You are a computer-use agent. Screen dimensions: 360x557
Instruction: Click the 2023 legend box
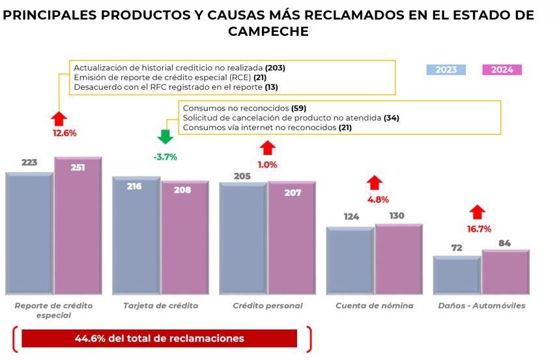coord(446,70)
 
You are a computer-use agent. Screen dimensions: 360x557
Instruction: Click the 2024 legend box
coord(502,70)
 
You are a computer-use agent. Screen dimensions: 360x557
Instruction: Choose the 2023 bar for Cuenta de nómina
coord(350,260)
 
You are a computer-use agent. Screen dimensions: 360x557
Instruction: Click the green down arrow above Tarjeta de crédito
coord(165,136)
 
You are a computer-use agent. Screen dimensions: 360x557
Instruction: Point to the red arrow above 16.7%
coord(478,212)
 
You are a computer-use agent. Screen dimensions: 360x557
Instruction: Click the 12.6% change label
coord(64,133)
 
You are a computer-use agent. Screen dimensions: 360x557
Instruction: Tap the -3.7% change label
coord(165,157)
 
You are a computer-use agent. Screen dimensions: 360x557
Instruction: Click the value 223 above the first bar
coord(29,162)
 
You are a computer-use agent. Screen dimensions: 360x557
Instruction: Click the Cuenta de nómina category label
coord(374,305)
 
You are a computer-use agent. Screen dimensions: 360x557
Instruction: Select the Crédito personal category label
coord(267,305)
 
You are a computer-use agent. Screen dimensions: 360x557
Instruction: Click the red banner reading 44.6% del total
coord(159,339)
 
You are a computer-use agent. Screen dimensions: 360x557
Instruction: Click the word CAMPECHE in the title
coord(268,31)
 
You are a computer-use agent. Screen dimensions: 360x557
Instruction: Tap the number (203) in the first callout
coord(275,68)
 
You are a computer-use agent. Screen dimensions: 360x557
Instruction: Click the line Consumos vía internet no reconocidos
coord(267,128)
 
